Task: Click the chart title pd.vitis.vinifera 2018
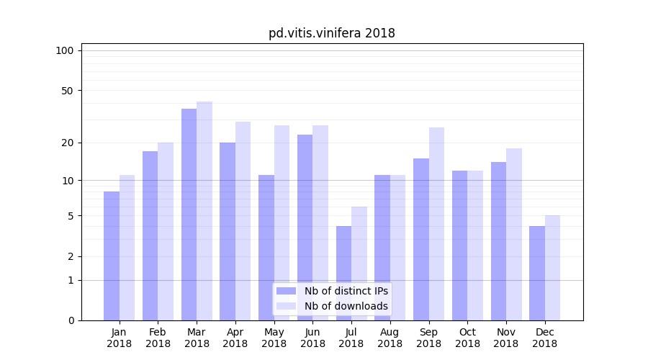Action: pyautogui.click(x=332, y=33)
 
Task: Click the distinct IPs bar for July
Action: pyautogui.click(x=343, y=274)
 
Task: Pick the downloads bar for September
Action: pyautogui.click(x=436, y=224)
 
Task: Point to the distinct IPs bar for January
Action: pyautogui.click(x=112, y=256)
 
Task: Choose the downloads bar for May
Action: pyautogui.click(x=282, y=223)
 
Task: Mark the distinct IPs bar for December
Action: pyautogui.click(x=537, y=274)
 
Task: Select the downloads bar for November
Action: pyautogui.click(x=514, y=234)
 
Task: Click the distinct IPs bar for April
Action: pyautogui.click(x=228, y=231)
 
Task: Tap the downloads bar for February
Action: pyautogui.click(x=166, y=231)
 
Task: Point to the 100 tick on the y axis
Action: pyautogui.click(x=65, y=50)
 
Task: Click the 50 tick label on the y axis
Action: pyautogui.click(x=67, y=91)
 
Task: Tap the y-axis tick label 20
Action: pyautogui.click(x=67, y=143)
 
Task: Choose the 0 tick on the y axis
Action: pyautogui.click(x=71, y=320)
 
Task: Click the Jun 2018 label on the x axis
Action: pyautogui.click(x=312, y=338)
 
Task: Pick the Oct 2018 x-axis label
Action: pyautogui.click(x=467, y=338)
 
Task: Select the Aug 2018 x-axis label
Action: pyautogui.click(x=390, y=338)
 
